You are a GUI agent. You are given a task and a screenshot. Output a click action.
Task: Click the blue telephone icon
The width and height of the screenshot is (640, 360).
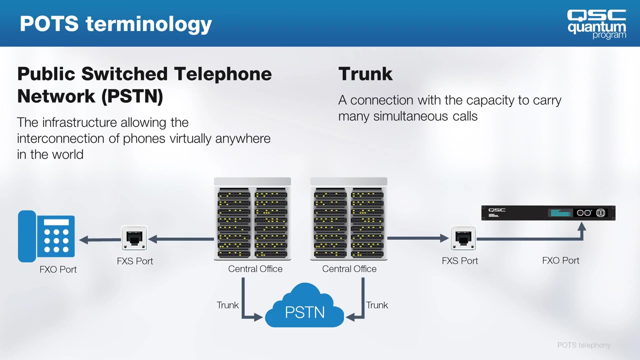point(46,236)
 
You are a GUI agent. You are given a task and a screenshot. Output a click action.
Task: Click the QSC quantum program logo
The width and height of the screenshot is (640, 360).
point(596,23)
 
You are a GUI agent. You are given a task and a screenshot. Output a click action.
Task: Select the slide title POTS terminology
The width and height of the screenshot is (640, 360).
point(115,23)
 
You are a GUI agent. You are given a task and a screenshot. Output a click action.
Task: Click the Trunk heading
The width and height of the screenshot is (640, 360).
point(365,74)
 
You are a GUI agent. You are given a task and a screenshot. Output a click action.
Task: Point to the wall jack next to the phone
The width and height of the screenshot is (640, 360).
point(134,238)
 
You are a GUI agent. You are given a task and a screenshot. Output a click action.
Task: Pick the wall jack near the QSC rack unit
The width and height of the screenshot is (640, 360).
point(463,238)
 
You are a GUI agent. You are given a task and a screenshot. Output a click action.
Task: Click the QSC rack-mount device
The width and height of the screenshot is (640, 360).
point(548,213)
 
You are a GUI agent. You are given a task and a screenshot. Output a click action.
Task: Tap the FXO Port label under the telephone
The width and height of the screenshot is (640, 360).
point(58,269)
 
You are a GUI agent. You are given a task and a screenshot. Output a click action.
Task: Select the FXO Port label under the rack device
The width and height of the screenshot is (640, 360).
point(560,260)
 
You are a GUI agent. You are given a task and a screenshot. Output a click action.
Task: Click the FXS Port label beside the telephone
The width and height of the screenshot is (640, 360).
point(135,261)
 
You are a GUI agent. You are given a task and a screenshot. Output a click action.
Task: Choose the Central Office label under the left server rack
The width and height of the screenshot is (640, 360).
point(255,269)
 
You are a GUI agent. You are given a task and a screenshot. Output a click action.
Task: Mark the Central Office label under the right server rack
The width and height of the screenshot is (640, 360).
point(349,269)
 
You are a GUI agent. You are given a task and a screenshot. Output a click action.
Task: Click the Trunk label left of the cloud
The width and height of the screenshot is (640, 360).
point(227,305)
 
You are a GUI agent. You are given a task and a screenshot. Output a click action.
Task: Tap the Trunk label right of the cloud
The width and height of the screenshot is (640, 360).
point(377,305)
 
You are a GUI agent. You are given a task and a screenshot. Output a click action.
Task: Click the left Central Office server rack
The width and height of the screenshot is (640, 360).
point(252,219)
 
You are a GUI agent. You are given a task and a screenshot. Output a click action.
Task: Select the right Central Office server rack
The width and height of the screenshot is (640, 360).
point(348,219)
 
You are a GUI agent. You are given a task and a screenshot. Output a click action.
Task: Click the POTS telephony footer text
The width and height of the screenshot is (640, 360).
point(584,345)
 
